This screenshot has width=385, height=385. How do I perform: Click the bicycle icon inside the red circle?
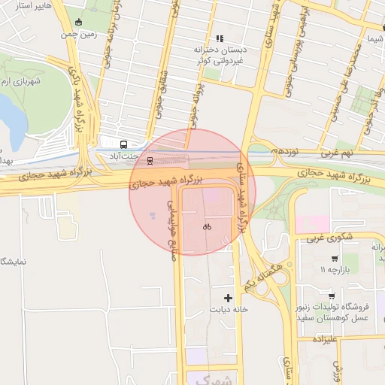coord(207,226)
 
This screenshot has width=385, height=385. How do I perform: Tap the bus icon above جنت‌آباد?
coord(123,144)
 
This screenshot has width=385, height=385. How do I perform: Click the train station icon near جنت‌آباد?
coord(150,160)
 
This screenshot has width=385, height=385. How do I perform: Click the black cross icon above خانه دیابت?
coord(229,299)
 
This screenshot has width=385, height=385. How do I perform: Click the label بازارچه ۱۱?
coord(334,268)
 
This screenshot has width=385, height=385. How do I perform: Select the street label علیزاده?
coord(329,340)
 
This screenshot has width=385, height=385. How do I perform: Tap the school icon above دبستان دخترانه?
coord(220,38)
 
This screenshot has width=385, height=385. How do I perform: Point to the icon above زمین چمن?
coord(79,22)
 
